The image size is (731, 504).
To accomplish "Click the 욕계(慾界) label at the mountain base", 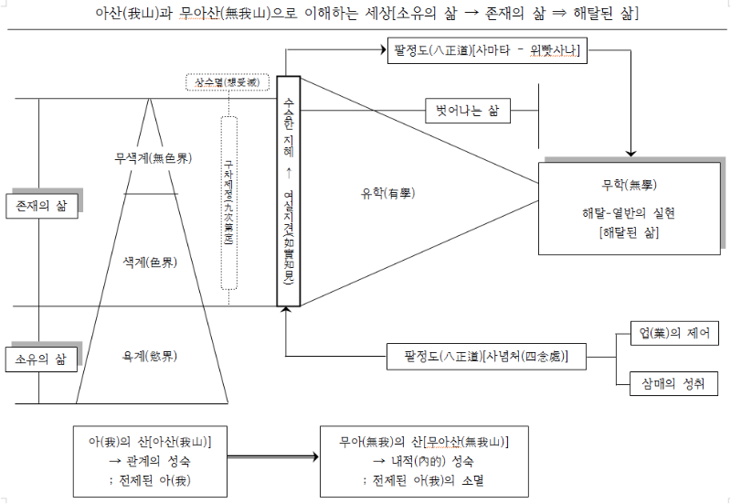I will point(150,355).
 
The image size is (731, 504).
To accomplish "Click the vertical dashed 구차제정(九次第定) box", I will point(228,202).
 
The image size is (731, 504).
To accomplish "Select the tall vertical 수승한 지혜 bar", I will point(288,191).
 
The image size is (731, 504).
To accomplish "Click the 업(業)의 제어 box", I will point(674,332).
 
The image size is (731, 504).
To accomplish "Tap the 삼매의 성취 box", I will point(674,383).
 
